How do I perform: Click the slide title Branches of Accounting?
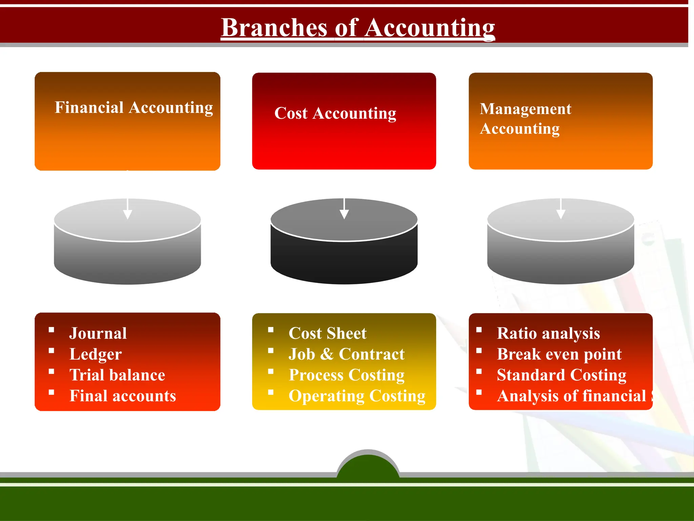[x=358, y=28]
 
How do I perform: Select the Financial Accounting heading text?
[x=134, y=108]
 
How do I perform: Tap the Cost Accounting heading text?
[x=335, y=113]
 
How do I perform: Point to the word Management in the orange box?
[x=525, y=109]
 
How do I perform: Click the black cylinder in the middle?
[x=344, y=258]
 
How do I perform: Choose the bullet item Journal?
[x=98, y=333]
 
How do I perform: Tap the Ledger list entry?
[x=96, y=354]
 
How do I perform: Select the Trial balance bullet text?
[x=117, y=375]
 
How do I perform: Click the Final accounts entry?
[x=123, y=396]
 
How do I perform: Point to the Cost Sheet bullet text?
[x=327, y=333]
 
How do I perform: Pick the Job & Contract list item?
[x=346, y=354]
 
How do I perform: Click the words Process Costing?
[x=347, y=375]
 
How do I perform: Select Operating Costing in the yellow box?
[x=357, y=396]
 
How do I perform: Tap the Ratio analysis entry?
[x=548, y=333]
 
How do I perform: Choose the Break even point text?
[x=559, y=354]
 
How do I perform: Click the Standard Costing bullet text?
[x=562, y=375]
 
